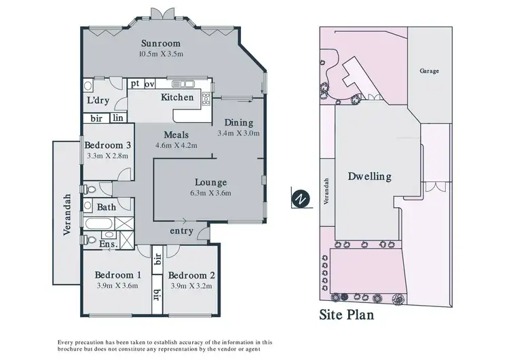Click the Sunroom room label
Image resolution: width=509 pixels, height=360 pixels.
pyautogui.click(x=162, y=42)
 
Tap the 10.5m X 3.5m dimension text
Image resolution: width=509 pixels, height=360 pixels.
pyautogui.click(x=162, y=54)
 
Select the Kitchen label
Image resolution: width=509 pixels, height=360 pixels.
pyautogui.click(x=177, y=98)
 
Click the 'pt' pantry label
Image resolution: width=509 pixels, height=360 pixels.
pyautogui.click(x=135, y=84)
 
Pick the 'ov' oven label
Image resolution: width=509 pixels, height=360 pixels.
pyautogui.click(x=150, y=84)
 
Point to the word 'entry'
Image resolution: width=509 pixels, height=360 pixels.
pyautogui.click(x=183, y=231)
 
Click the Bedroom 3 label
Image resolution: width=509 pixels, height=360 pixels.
pyautogui.click(x=108, y=145)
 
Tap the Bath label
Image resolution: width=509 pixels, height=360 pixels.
pyautogui.click(x=106, y=207)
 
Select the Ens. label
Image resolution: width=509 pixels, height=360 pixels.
pyautogui.click(x=109, y=243)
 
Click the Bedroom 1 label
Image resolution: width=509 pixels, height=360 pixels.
pyautogui.click(x=118, y=275)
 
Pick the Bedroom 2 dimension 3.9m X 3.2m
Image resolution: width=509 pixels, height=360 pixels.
pyautogui.click(x=191, y=286)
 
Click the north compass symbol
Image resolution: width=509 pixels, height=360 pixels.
pyautogui.click(x=299, y=199)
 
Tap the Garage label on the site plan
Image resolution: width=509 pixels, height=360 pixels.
pyautogui.click(x=428, y=71)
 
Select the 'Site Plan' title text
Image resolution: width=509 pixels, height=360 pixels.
pyautogui.click(x=346, y=315)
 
